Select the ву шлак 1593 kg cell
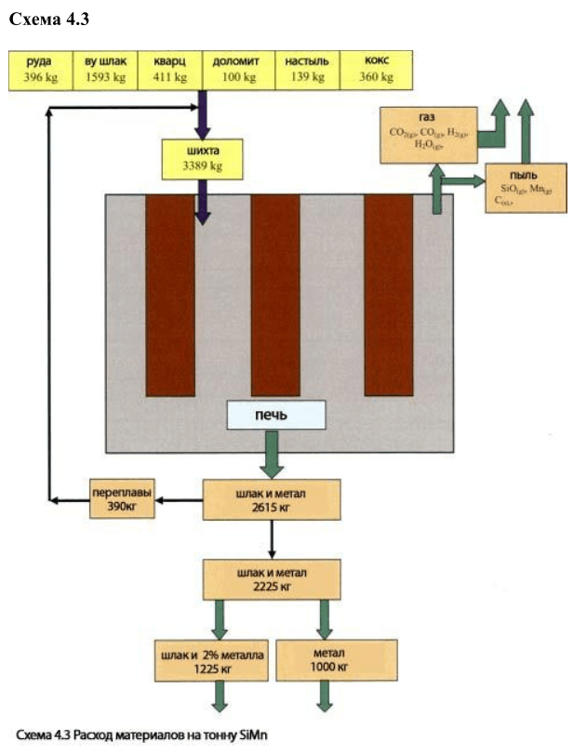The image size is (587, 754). click(105, 70)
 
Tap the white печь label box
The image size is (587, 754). click(277, 415)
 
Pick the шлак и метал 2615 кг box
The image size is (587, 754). click(273, 501)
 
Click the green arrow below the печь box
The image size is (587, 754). click(273, 455)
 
